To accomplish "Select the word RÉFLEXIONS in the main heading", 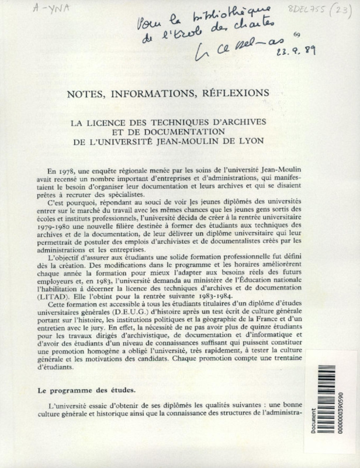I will [233, 93].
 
